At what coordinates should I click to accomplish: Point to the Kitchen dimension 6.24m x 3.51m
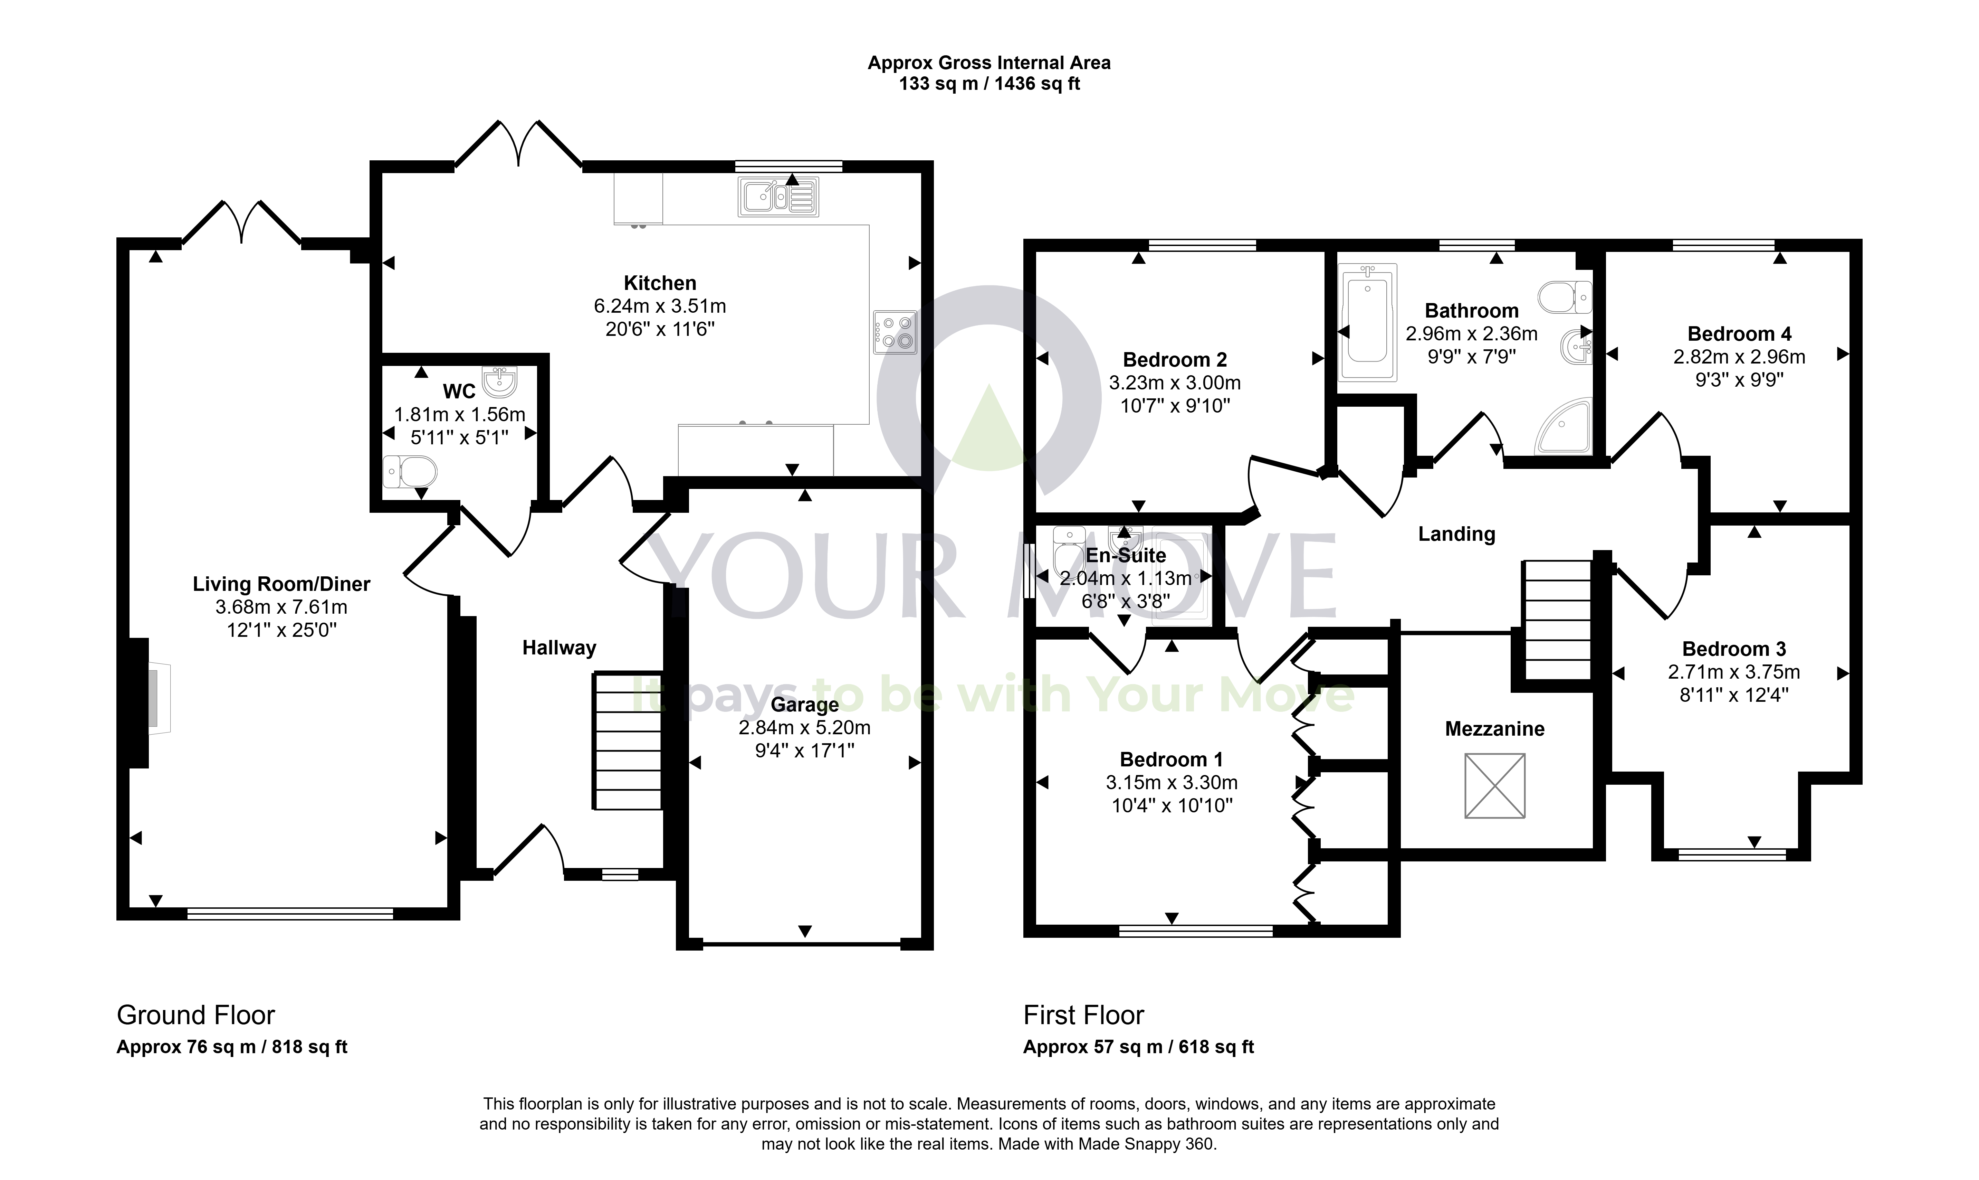(660, 306)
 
